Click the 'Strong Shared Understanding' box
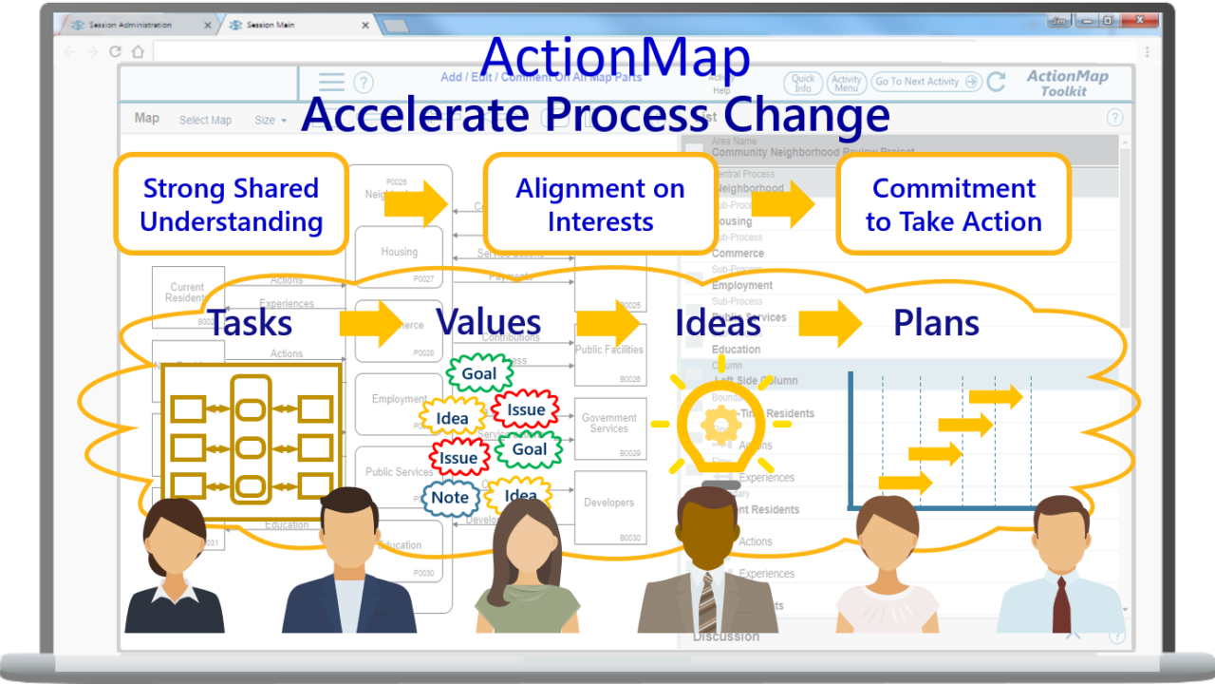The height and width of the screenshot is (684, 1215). [x=231, y=204]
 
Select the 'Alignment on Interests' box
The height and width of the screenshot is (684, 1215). [x=600, y=204]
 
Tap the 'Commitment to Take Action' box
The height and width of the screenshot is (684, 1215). [x=953, y=204]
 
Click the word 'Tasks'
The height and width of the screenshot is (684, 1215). [x=250, y=323]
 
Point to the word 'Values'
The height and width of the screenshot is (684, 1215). [x=488, y=323]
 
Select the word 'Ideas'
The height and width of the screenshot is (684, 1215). [x=718, y=323]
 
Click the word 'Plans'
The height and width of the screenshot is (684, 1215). [x=936, y=323]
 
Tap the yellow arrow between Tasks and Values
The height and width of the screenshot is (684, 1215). [x=371, y=324]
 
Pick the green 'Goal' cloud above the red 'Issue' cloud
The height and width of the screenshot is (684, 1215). [x=478, y=373]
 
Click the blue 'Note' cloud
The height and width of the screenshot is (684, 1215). [x=450, y=498]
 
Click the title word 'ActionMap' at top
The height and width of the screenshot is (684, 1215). [x=615, y=57]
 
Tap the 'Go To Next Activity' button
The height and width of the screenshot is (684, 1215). [x=925, y=82]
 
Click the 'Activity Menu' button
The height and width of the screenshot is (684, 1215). [x=845, y=84]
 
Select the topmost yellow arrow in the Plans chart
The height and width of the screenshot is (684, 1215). [x=996, y=396]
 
